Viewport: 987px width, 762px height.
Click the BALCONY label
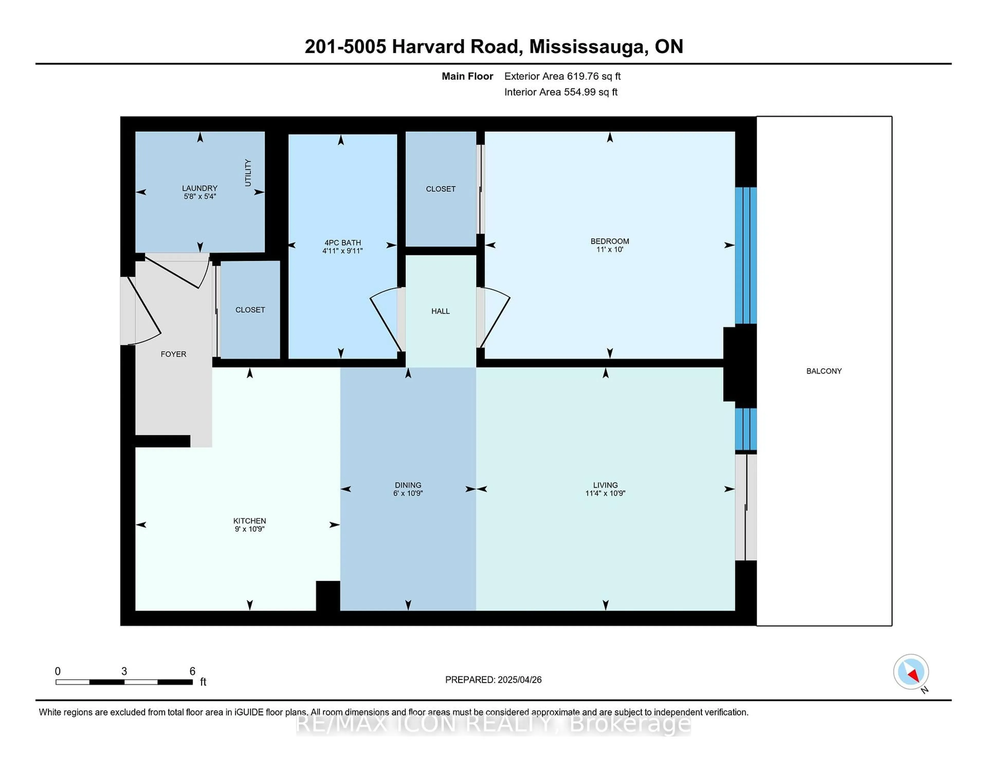click(824, 371)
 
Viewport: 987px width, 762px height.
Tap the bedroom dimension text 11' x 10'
click(610, 250)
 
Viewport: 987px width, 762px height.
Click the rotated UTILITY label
click(248, 173)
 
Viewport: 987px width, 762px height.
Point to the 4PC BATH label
click(343, 242)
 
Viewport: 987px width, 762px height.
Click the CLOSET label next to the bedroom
click(440, 189)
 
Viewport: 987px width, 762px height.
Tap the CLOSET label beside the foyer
click(250, 310)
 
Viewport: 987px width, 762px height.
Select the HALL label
click(440, 311)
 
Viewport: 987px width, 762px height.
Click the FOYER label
click(173, 354)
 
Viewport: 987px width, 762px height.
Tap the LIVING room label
click(605, 485)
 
